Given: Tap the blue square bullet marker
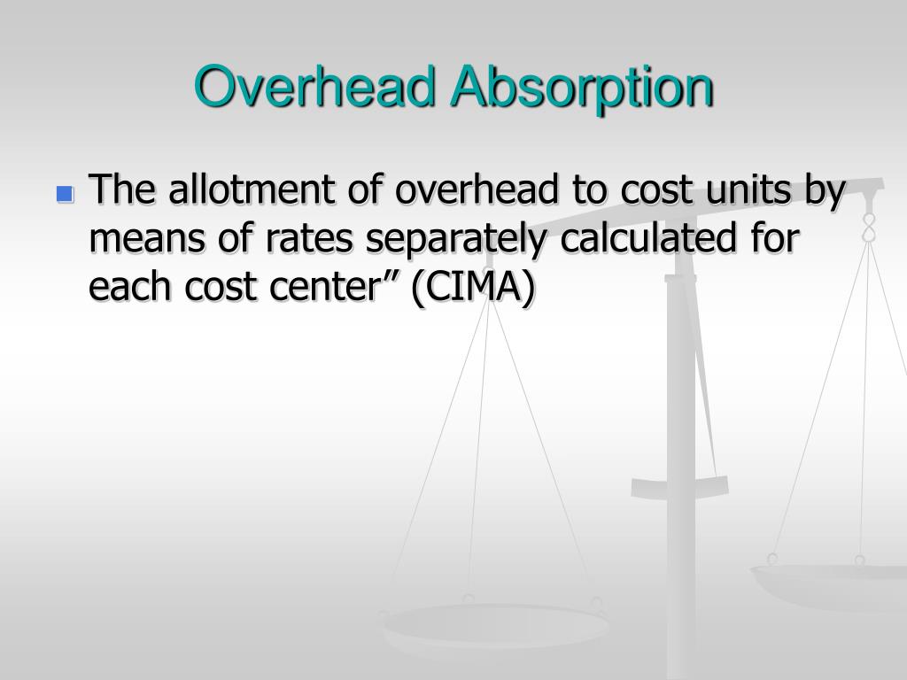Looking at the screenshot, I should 64,193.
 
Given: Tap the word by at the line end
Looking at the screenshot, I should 827,191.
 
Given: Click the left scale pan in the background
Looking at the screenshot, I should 492,624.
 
